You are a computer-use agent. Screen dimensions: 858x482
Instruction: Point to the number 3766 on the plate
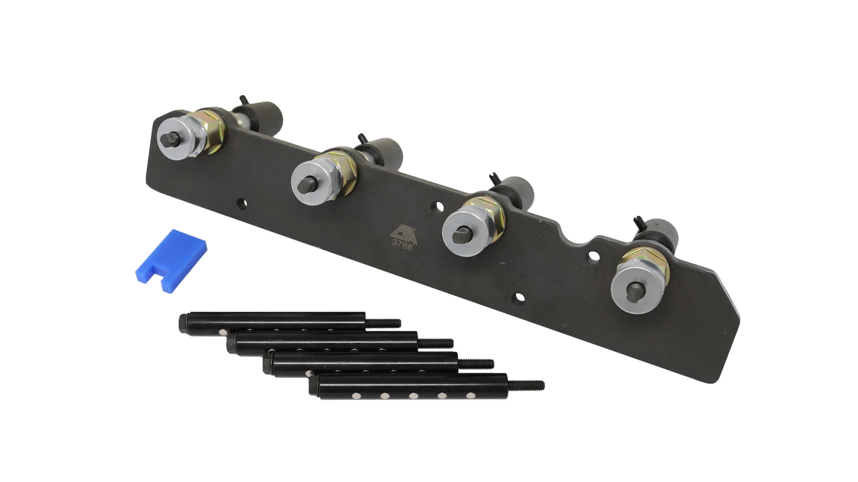click(402, 245)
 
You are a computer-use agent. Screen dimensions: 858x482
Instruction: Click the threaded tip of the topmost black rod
click(383, 322)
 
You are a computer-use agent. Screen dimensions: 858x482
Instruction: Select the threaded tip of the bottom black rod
click(526, 385)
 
